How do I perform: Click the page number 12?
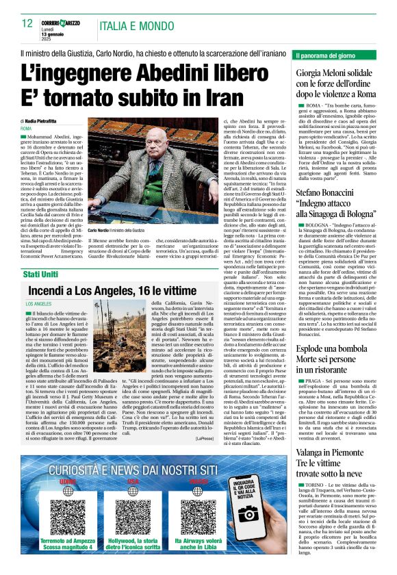[27, 24]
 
